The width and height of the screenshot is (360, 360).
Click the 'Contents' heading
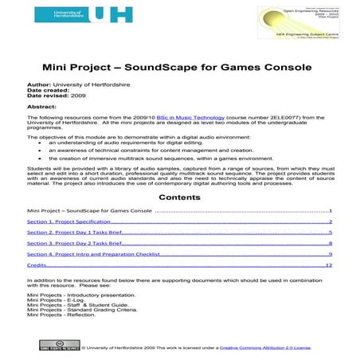click(179, 196)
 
